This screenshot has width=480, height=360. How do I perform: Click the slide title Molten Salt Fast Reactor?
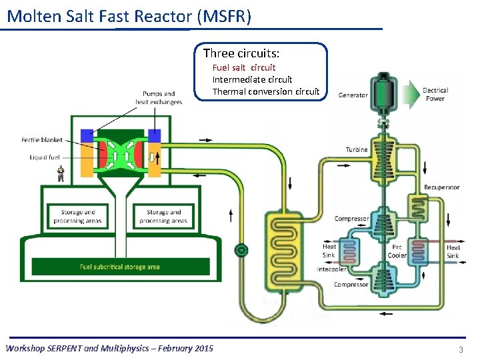[129, 16]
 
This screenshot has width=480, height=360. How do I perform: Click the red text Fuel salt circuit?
[243, 67]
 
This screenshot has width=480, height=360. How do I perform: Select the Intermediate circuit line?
[252, 79]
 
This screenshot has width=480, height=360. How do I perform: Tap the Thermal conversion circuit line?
[265, 91]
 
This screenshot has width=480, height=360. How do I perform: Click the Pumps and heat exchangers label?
[159, 98]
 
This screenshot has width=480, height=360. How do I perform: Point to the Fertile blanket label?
[42, 140]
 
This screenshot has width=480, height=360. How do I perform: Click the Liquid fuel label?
[45, 157]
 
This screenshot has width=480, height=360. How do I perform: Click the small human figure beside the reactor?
[61, 174]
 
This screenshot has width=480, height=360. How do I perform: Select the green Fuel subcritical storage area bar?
[120, 267]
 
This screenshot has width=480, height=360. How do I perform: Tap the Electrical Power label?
[435, 94]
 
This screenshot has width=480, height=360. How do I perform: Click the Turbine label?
[357, 149]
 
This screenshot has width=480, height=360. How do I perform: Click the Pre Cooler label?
[397, 251]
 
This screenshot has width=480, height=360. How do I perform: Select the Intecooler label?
[331, 270]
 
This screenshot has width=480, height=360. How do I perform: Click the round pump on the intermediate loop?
[241, 250]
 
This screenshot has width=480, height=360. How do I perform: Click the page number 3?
[460, 349]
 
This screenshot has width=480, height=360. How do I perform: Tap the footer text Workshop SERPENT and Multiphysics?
[109, 348]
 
